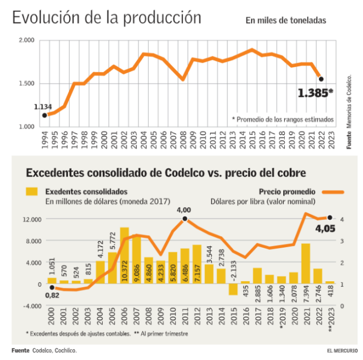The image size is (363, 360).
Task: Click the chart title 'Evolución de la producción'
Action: click(106, 17)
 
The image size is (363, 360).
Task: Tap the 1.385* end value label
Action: click(315, 93)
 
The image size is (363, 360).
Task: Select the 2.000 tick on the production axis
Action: click(26, 40)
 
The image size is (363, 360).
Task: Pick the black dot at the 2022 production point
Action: click(321, 79)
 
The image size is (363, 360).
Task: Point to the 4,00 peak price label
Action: click(184, 210)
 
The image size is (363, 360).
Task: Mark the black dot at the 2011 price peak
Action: click(184, 219)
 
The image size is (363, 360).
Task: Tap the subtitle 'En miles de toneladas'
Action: click(285, 21)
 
